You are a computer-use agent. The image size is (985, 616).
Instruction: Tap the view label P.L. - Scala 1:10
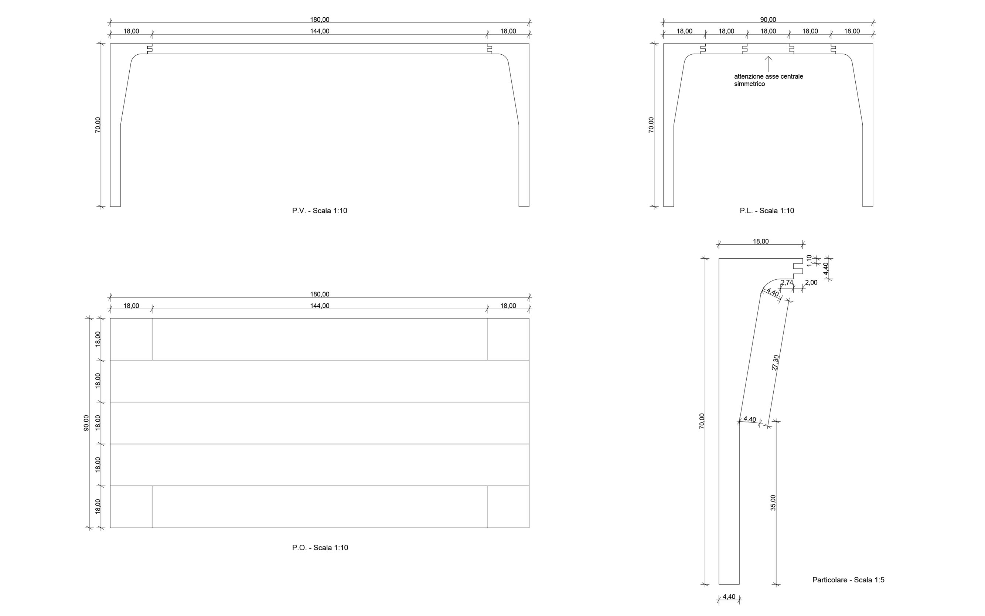pyautogui.click(x=767, y=211)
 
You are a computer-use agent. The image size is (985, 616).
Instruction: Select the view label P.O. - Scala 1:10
pyautogui.click(x=320, y=548)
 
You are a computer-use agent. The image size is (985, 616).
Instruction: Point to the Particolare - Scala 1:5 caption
pyautogui.click(x=848, y=580)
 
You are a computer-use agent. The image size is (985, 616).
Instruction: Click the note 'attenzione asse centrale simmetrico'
pyautogui.click(x=768, y=80)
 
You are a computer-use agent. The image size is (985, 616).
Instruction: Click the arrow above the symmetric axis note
pyautogui.click(x=768, y=64)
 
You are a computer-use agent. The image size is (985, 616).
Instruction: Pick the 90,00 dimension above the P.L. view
pyautogui.click(x=768, y=20)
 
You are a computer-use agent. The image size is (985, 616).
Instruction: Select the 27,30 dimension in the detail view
pyautogui.click(x=775, y=363)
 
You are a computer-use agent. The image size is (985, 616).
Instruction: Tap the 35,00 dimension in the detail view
pyautogui.click(x=773, y=503)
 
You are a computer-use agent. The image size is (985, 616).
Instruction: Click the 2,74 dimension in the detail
pyautogui.click(x=787, y=282)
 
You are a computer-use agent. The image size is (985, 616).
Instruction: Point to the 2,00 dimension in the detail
pyautogui.click(x=811, y=282)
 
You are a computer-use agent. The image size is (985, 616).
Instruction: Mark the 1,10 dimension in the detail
pyautogui.click(x=809, y=261)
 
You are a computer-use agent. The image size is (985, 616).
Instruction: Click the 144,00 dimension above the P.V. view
pyautogui.click(x=320, y=31)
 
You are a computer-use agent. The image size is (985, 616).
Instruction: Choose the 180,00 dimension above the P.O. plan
pyautogui.click(x=320, y=294)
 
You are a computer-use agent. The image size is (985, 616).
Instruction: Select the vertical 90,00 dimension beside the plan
pyautogui.click(x=86, y=423)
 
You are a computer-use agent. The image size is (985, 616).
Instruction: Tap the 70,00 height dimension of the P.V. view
pyautogui.click(x=98, y=125)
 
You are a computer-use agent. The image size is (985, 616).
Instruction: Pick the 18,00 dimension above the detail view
pyautogui.click(x=760, y=241)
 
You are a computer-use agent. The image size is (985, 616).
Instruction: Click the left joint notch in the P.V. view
pyautogui.click(x=150, y=48)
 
